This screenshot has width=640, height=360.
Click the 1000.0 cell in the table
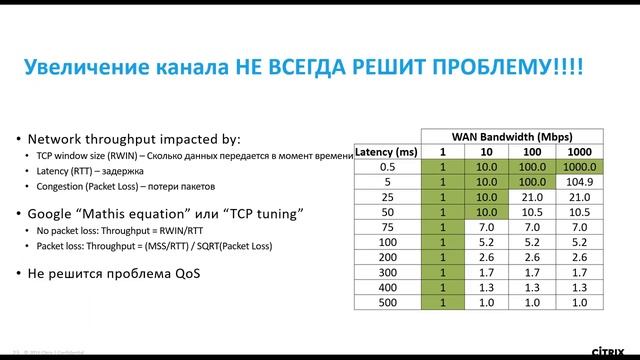(x=580, y=166)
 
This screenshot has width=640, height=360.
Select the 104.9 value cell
(x=580, y=182)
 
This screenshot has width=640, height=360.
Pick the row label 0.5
(x=389, y=166)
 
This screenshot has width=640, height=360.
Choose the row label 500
(x=389, y=301)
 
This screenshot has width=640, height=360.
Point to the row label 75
(x=389, y=227)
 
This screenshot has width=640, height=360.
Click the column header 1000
(x=580, y=151)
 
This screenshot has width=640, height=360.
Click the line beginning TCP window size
(x=190, y=157)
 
